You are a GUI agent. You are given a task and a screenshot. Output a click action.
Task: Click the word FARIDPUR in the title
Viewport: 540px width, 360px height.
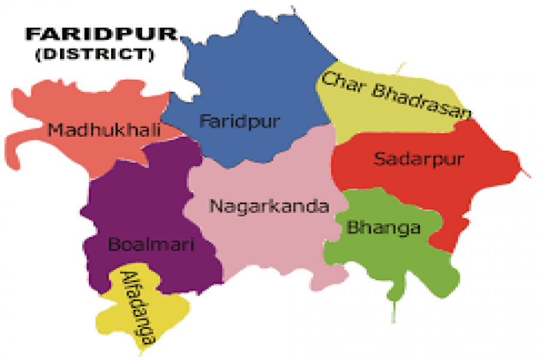pyautogui.click(x=101, y=34)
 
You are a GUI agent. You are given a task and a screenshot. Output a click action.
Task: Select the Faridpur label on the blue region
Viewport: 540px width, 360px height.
pyautogui.click(x=239, y=122)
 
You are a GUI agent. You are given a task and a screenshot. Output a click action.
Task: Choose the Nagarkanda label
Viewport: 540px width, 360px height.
pyautogui.click(x=269, y=206)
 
